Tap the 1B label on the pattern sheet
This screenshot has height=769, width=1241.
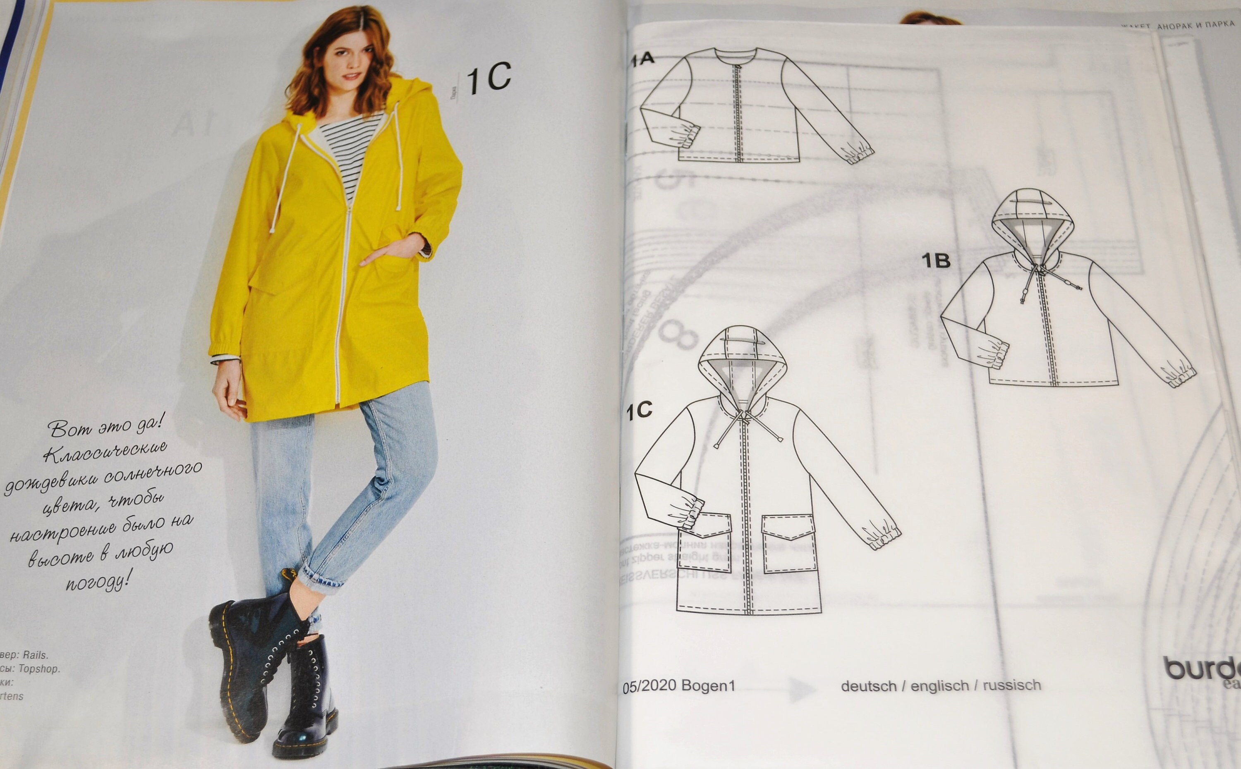click(936, 261)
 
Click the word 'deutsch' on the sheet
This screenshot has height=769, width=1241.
click(869, 686)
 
